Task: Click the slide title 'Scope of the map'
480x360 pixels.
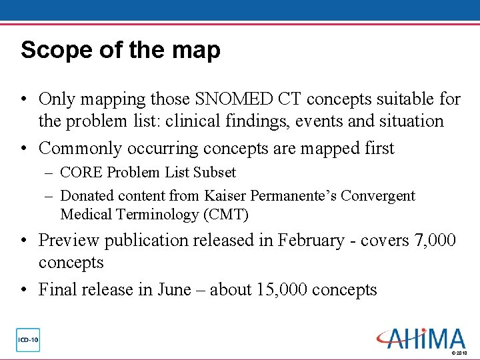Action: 120,51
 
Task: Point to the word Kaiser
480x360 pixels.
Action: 225,196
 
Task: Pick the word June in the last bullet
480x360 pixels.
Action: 174,290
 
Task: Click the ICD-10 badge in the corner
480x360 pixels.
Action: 28,340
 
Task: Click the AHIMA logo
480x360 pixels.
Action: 421,338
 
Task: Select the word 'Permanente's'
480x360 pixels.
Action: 295,196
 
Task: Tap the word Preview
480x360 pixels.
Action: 68,240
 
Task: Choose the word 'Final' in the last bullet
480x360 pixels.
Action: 57,290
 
